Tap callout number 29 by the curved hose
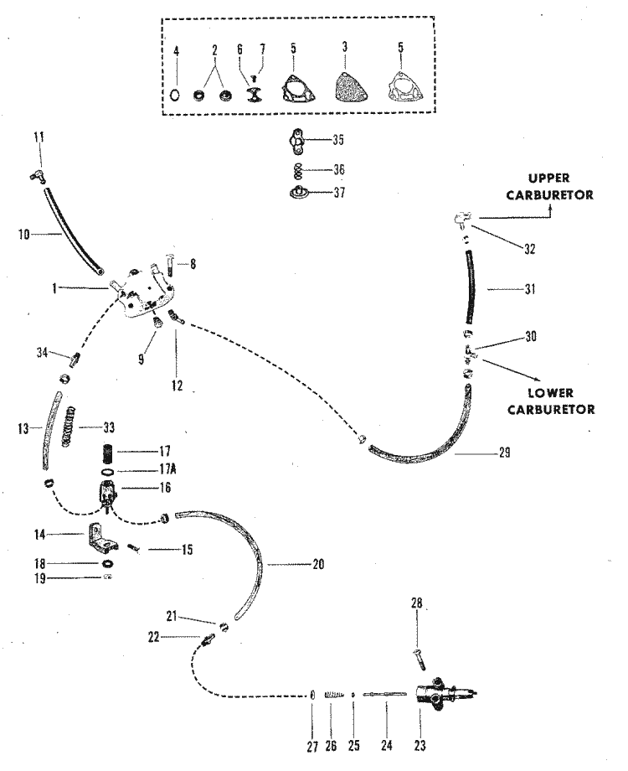point(502,453)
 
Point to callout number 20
point(317,565)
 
